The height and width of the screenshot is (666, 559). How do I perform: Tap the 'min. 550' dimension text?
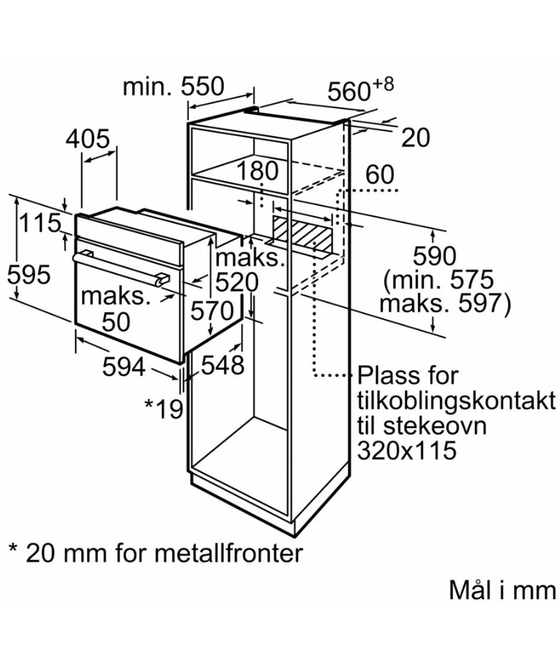173,87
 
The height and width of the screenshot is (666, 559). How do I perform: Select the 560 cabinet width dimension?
360,90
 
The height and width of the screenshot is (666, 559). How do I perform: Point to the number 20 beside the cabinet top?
415,137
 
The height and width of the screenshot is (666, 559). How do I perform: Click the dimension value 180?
257,171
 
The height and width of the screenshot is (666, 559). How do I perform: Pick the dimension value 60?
379,175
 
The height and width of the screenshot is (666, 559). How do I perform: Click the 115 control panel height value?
41,223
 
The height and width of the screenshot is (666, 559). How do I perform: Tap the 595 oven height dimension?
29,274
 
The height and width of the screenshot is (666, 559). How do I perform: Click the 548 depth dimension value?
222,365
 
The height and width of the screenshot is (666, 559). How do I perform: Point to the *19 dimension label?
164,408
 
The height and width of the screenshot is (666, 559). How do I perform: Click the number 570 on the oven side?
212,311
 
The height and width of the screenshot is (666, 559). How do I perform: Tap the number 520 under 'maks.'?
237,281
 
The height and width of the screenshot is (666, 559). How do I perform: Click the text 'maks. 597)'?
445,303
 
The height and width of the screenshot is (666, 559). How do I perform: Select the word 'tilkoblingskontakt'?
456,401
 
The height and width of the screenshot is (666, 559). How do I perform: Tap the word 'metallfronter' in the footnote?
228,553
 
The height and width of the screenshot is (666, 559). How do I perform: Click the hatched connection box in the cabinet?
302,234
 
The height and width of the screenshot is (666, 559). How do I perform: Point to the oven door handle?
120,269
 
